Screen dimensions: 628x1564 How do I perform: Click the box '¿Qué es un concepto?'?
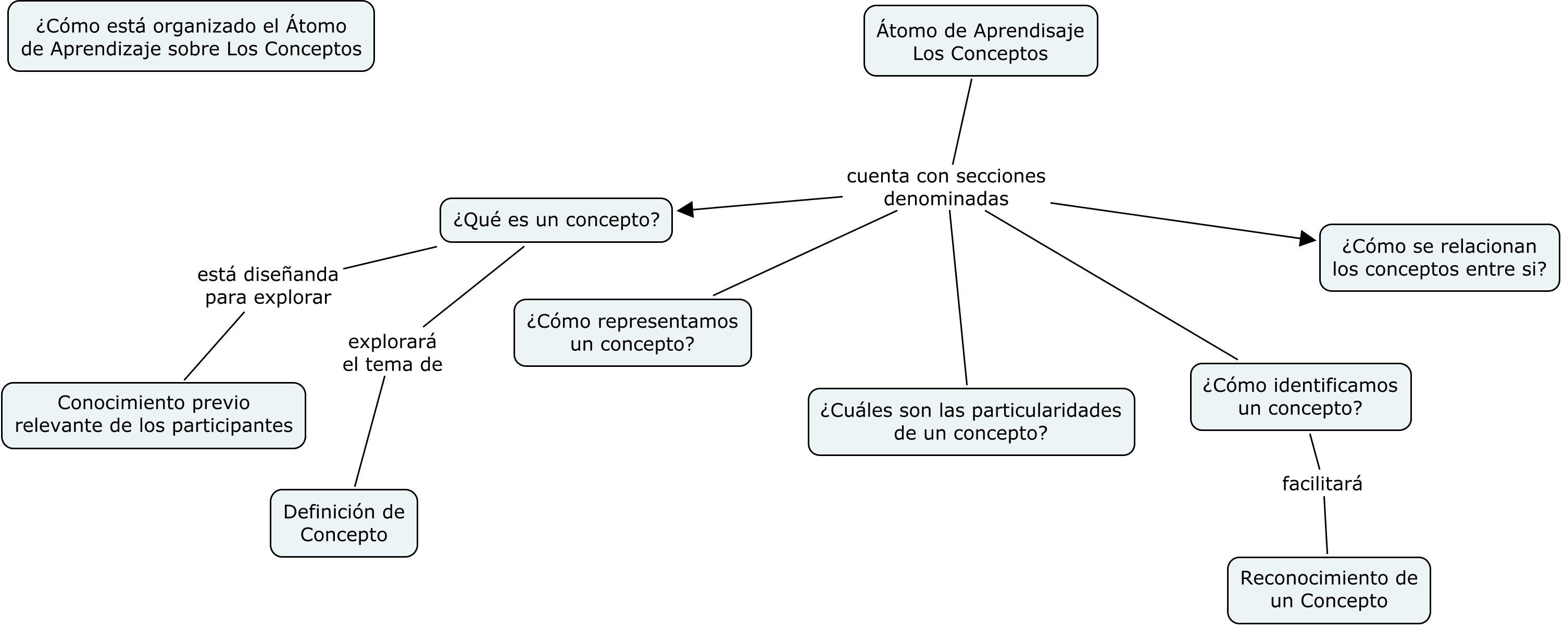pos(556,220)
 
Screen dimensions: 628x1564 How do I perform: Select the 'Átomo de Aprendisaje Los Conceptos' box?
pos(980,41)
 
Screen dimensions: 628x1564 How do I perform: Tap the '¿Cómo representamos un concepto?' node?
pos(632,333)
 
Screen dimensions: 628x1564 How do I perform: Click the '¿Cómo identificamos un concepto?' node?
pos(1300,397)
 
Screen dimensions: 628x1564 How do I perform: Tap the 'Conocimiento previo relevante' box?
pos(154,415)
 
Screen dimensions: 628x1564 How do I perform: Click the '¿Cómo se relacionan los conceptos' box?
pos(1439,257)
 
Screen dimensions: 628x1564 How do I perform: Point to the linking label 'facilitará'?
pos(1322,484)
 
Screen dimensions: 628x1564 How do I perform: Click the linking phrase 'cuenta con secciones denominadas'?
pos(945,187)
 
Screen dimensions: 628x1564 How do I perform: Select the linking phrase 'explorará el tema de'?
pos(392,353)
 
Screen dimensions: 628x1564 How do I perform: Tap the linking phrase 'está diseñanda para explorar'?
pos(268,286)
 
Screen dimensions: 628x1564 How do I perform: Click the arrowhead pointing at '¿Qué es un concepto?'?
pos(686,210)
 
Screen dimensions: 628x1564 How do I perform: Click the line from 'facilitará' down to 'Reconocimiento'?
pos(1325,525)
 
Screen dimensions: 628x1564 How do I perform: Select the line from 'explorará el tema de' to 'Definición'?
pos(369,433)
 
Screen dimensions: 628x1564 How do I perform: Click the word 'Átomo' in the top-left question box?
pos(315,26)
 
